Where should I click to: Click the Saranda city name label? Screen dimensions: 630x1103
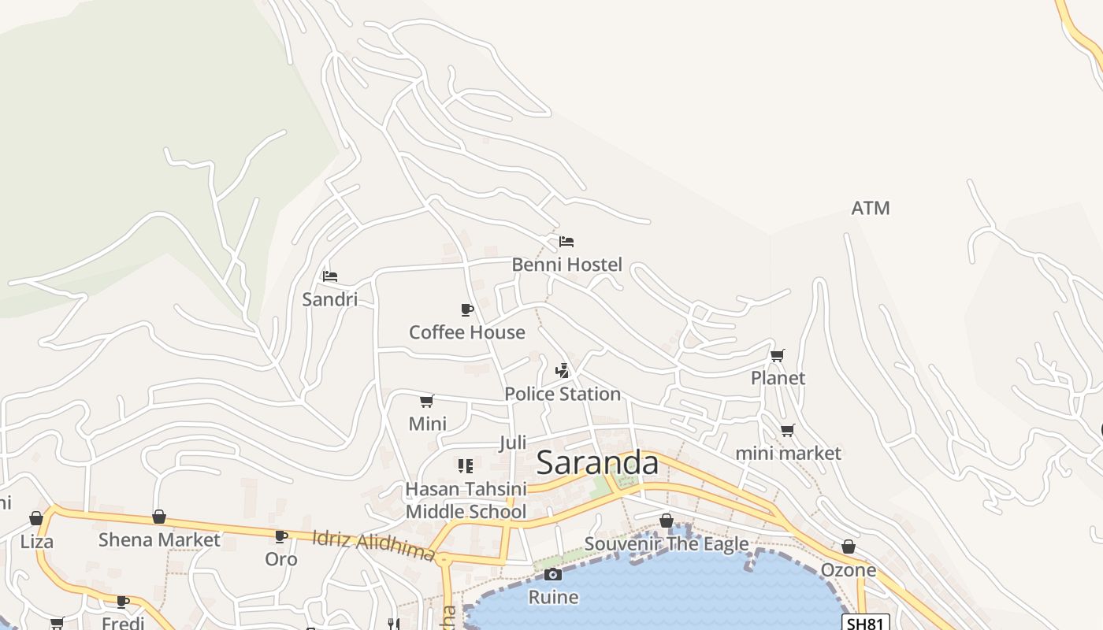click(x=597, y=463)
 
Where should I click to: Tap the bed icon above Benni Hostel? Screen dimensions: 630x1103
click(x=566, y=242)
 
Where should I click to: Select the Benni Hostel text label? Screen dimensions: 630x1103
click(x=566, y=265)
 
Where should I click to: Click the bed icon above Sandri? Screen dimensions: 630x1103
click(x=330, y=276)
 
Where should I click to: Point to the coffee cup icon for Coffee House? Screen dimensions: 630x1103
click(x=467, y=309)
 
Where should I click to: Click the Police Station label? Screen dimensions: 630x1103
click(x=563, y=394)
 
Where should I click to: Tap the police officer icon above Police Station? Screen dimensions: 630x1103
click(x=563, y=370)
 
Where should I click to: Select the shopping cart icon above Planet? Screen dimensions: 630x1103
click(x=778, y=355)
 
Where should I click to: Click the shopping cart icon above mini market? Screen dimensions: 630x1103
click(x=787, y=430)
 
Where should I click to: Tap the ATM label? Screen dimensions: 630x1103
click(x=871, y=208)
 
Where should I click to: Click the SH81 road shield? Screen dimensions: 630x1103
click(x=866, y=623)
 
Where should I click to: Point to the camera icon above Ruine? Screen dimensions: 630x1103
click(x=553, y=574)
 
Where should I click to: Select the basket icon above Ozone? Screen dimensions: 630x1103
click(x=849, y=547)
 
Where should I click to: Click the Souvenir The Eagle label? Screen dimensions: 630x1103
click(x=667, y=544)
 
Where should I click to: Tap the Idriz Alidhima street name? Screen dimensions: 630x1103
click(x=373, y=545)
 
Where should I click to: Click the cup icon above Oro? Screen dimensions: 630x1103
click(x=280, y=536)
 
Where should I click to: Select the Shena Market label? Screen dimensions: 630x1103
click(x=159, y=540)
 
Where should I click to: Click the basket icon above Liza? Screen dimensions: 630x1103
click(x=36, y=518)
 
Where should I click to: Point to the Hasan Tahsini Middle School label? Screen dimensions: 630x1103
click(x=466, y=501)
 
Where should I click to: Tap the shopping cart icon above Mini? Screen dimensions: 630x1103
click(x=427, y=401)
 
